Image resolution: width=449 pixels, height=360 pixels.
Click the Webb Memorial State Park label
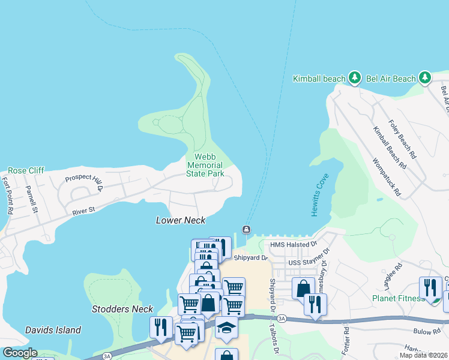205,165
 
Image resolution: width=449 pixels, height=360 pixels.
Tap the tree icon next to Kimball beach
355,77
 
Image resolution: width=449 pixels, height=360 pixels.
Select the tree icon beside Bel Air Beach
425,77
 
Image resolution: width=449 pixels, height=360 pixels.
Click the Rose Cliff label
26,170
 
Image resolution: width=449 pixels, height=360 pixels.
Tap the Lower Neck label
181,220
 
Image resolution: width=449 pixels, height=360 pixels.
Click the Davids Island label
53,330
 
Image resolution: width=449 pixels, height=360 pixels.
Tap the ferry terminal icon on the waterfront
246,230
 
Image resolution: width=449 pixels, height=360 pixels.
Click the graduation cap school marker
226,328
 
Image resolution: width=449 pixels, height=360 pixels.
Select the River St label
83,211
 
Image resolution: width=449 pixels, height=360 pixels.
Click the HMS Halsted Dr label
293,244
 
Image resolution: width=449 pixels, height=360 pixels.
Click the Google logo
20,353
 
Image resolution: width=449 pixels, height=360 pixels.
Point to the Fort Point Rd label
8,196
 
